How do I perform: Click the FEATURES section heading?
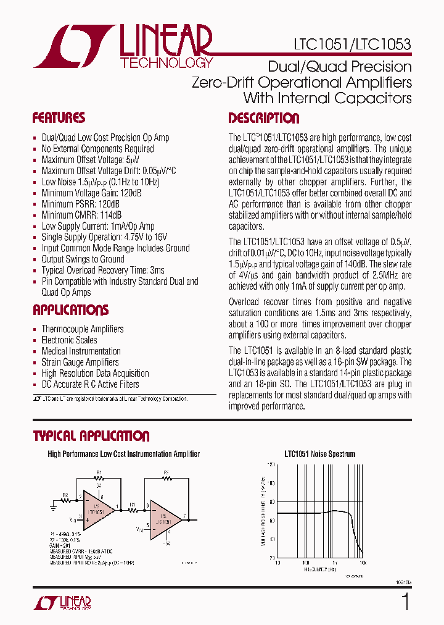point(59,118)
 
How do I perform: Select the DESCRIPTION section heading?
point(263,118)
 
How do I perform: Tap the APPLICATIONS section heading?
point(70,310)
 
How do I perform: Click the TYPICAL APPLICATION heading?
point(91,436)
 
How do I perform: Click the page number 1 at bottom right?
point(405,601)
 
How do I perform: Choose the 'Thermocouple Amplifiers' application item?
point(82,329)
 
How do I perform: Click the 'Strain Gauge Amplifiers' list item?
point(80,363)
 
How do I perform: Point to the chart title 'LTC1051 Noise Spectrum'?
point(319,454)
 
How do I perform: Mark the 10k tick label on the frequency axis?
point(363,563)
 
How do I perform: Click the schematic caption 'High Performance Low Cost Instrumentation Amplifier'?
point(124,454)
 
